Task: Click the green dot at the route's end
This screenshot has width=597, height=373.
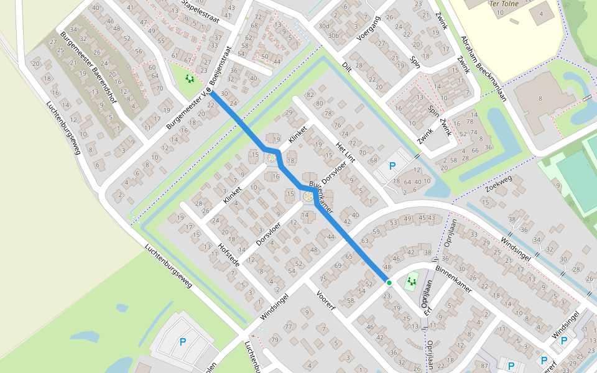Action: pyautogui.click(x=389, y=283)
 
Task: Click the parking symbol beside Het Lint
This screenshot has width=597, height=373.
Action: pyautogui.click(x=392, y=166)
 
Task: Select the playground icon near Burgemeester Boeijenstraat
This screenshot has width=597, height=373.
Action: pyautogui.click(x=189, y=79)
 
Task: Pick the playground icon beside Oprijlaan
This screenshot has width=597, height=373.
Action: pyautogui.click(x=410, y=282)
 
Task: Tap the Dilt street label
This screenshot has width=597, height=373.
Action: pyautogui.click(x=347, y=67)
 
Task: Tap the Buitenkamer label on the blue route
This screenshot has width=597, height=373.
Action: pyautogui.click(x=322, y=198)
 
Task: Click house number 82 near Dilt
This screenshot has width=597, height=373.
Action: pyautogui.click(x=310, y=94)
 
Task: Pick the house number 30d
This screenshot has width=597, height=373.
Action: pyautogui.click(x=323, y=26)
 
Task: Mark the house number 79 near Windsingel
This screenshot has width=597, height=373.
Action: pyautogui.click(x=275, y=339)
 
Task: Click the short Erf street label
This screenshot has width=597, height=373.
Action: pyautogui.click(x=428, y=309)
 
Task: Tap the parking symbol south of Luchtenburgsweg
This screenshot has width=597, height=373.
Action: pyautogui.click(x=182, y=341)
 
